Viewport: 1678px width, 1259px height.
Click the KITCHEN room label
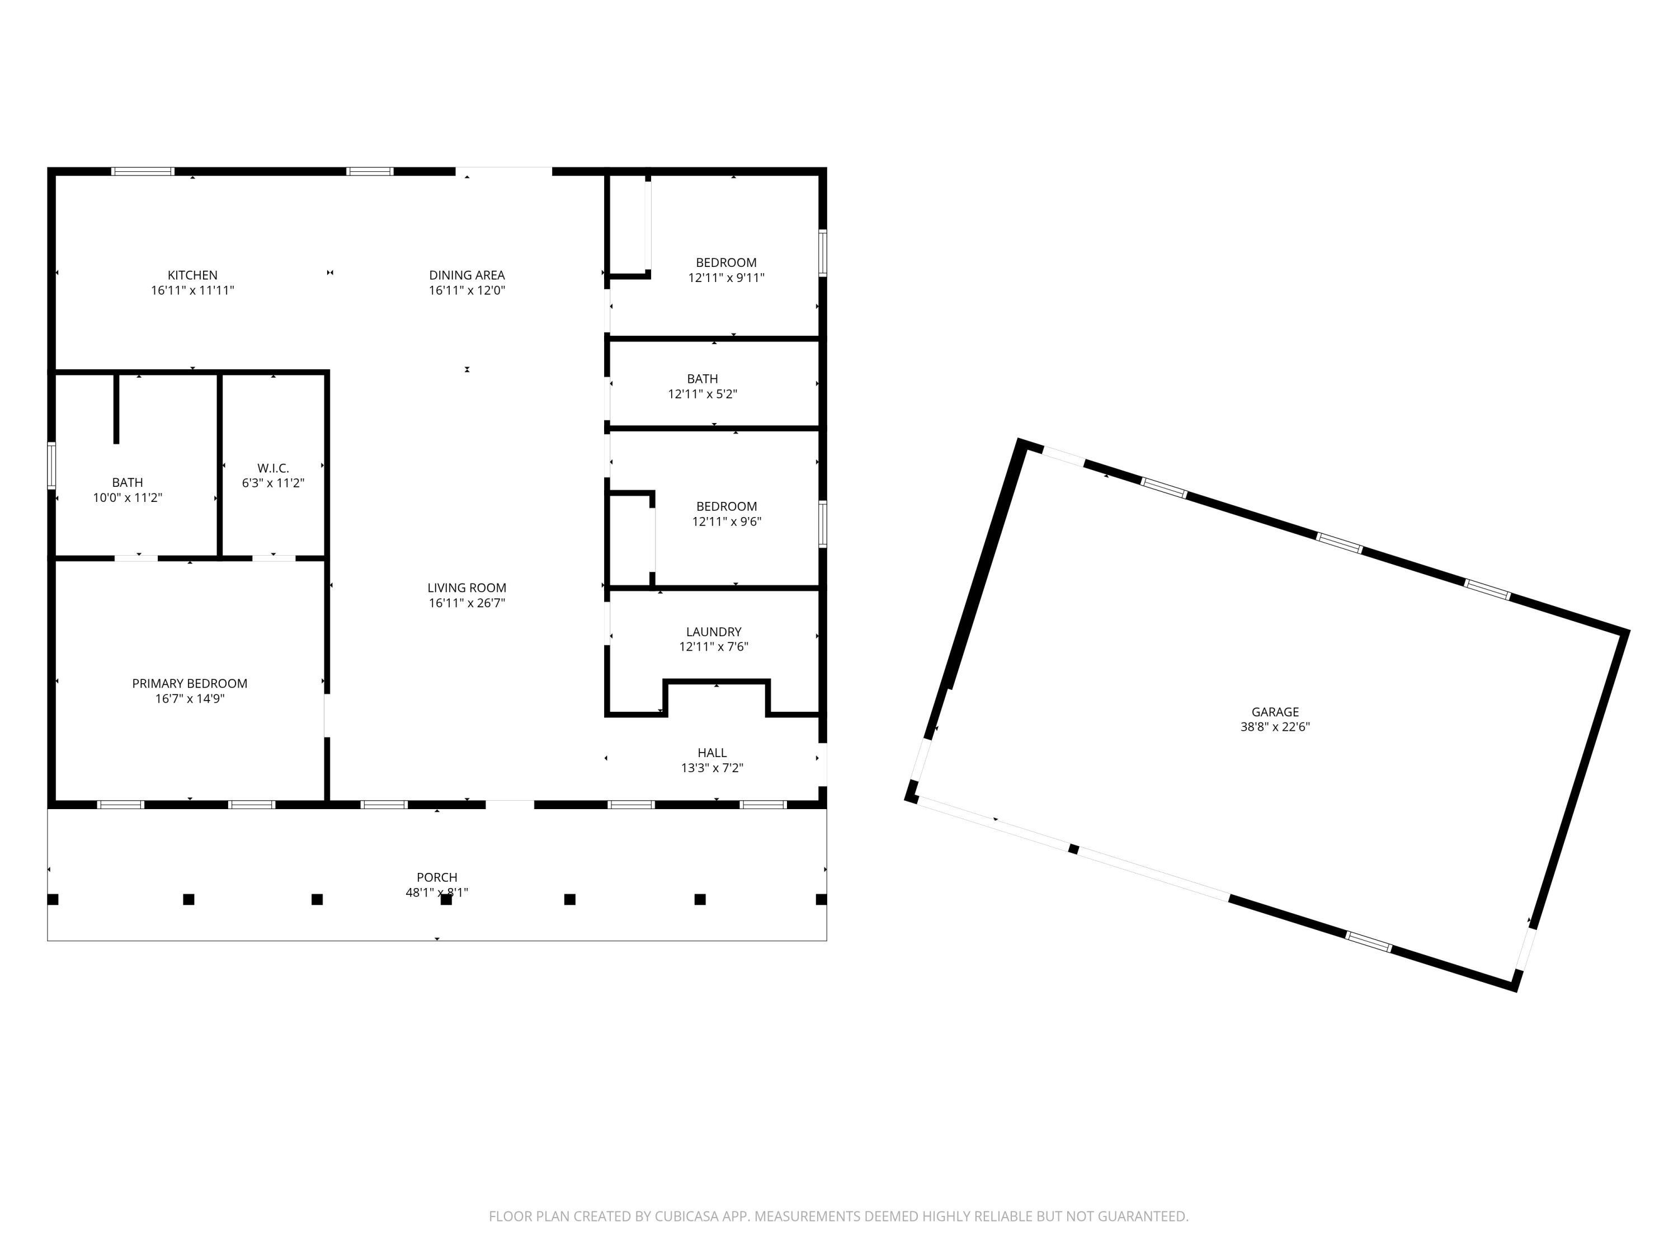[x=192, y=275]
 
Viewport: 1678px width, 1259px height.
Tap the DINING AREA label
[x=466, y=275]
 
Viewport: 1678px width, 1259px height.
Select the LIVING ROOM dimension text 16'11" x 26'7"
[x=466, y=603]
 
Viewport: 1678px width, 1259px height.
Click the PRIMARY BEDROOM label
[x=190, y=684]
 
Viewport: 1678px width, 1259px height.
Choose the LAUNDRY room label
[x=713, y=631]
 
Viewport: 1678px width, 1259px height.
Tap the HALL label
[x=711, y=753]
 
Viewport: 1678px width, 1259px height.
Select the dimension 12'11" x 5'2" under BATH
[x=703, y=394]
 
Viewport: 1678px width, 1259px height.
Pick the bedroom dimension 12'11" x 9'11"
[x=726, y=278]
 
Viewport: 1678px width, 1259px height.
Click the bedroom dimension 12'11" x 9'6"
[x=726, y=522]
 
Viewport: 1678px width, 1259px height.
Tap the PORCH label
[x=437, y=877]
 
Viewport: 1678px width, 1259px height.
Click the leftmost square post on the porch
[x=53, y=899]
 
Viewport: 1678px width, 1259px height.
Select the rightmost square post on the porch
[x=821, y=899]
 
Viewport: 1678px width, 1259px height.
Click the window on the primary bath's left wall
[x=51, y=465]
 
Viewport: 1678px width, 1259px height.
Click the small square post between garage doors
[x=1073, y=848]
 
